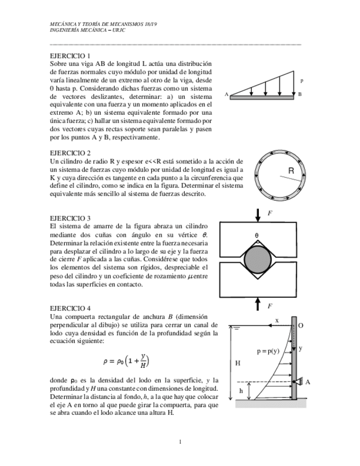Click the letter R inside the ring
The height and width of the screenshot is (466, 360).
coord(291,170)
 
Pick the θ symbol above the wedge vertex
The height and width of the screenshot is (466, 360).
coord(256,236)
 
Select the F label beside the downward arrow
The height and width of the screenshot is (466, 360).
coord(270,213)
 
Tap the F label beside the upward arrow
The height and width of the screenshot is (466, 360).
coord(270,306)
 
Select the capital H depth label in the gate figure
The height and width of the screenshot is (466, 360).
coord(237,363)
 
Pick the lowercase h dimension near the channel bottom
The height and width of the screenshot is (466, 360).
coord(240,391)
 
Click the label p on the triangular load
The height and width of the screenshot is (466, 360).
coord(302,81)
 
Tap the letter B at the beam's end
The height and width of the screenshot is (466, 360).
coord(300,95)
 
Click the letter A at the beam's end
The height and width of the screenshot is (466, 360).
coord(226,95)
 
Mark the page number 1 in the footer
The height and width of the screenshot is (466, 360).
coord(180,442)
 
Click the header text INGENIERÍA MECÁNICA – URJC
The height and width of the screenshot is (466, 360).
coord(88,30)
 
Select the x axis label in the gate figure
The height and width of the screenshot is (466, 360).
coord(277,320)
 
